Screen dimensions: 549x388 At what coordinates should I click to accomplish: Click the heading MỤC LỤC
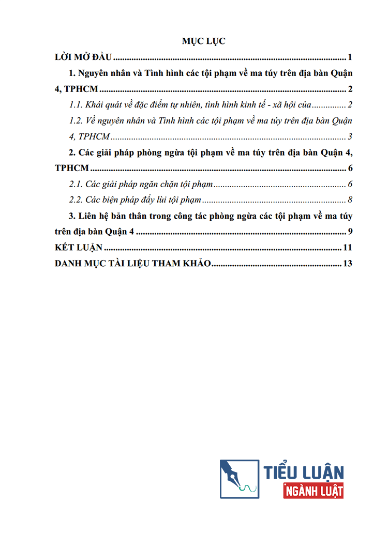tap(204, 41)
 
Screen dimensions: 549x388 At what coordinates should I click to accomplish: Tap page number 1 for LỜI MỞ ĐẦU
tap(350, 57)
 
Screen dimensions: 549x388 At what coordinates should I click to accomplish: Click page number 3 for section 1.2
tap(350, 137)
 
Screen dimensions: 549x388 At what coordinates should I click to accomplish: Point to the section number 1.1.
tap(77, 105)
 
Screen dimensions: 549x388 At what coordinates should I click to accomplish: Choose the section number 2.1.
tap(77, 185)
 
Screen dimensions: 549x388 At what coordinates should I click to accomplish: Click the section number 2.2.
tap(77, 200)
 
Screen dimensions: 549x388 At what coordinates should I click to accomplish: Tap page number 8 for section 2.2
tap(350, 200)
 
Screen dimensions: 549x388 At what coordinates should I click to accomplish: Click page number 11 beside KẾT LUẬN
tap(348, 248)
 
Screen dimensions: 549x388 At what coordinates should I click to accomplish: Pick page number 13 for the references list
tap(348, 264)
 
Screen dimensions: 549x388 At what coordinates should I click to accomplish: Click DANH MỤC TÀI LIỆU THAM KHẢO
tap(133, 264)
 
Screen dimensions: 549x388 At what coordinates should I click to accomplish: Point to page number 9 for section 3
tap(350, 232)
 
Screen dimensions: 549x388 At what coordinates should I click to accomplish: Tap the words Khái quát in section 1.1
tap(103, 105)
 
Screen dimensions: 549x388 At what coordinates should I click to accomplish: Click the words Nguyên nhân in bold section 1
tap(101, 73)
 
